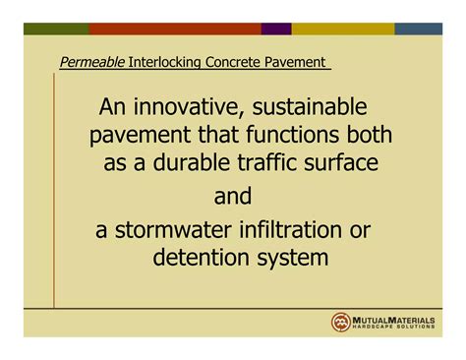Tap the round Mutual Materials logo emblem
[341, 322]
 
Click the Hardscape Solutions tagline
[396, 329]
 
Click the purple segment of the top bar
[276, 30]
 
